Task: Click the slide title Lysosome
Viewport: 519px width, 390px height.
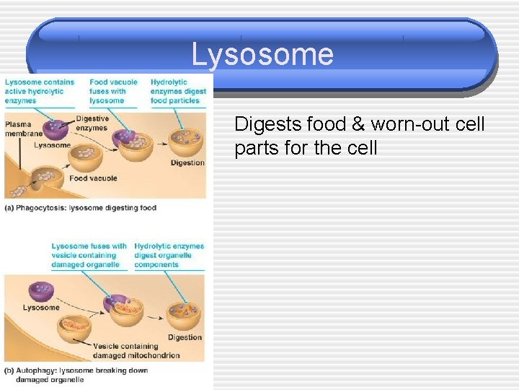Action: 262,54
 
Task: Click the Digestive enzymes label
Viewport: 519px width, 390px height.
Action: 92,123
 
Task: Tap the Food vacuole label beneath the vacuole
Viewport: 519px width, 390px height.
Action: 93,178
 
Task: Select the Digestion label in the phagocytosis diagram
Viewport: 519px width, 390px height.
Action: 187,163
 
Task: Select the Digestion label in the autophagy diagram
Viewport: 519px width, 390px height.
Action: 185,337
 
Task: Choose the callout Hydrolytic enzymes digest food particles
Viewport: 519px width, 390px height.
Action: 177,92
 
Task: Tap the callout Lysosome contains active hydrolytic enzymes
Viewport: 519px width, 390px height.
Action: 39,92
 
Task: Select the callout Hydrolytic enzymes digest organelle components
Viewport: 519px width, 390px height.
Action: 169,255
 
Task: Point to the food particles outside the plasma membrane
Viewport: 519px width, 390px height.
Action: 17,191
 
